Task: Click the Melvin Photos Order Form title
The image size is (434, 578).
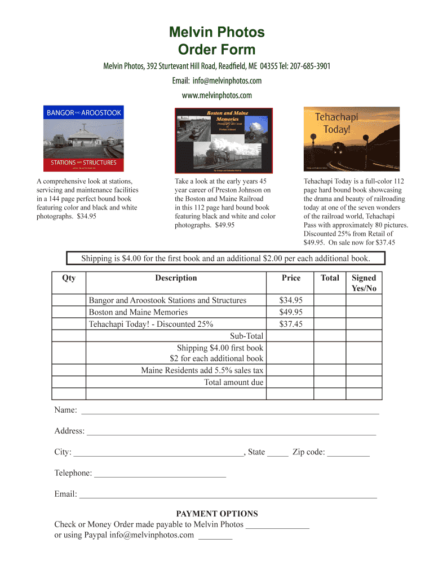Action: pos(217,41)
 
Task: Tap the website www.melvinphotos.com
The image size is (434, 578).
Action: pos(217,95)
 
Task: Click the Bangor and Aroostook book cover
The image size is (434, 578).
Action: pos(84,138)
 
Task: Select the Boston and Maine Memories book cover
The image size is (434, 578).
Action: pos(216,139)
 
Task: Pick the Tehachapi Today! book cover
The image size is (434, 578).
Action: pos(343,138)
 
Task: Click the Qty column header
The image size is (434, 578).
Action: pos(69,278)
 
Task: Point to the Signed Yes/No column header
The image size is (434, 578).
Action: pos(364,283)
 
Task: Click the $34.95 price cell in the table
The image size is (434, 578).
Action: pos(291,300)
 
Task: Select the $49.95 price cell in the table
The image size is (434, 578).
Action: pos(291,312)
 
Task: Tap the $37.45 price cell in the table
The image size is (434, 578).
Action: pos(291,324)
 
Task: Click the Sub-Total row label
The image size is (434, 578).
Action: pos(246,336)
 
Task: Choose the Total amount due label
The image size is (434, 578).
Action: pos(233,382)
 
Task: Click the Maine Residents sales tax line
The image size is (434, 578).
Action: pos(202,370)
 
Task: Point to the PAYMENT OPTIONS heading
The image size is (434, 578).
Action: pos(217,514)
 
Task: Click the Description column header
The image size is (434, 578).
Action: pos(176,278)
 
